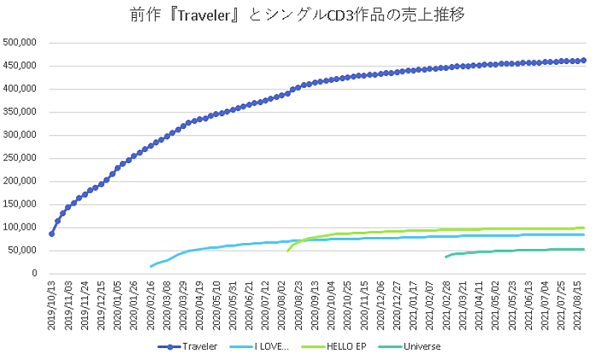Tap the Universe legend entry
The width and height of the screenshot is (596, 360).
pos(422,346)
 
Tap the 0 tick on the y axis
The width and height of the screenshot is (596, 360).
pos(34,274)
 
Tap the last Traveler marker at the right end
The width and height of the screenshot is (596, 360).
pos(583,60)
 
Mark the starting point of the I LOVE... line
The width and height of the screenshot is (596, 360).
pos(151,266)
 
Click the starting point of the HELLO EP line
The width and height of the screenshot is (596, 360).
pos(288,251)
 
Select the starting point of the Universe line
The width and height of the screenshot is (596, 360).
pos(446,257)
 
